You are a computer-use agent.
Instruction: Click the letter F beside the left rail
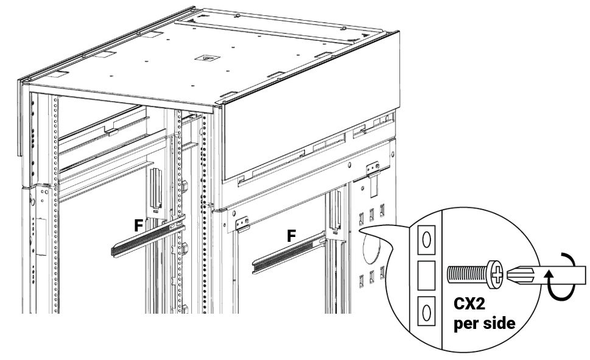[x=139, y=225]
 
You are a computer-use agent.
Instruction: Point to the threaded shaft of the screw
[x=466, y=274]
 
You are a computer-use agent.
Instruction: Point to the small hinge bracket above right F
[x=242, y=225]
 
